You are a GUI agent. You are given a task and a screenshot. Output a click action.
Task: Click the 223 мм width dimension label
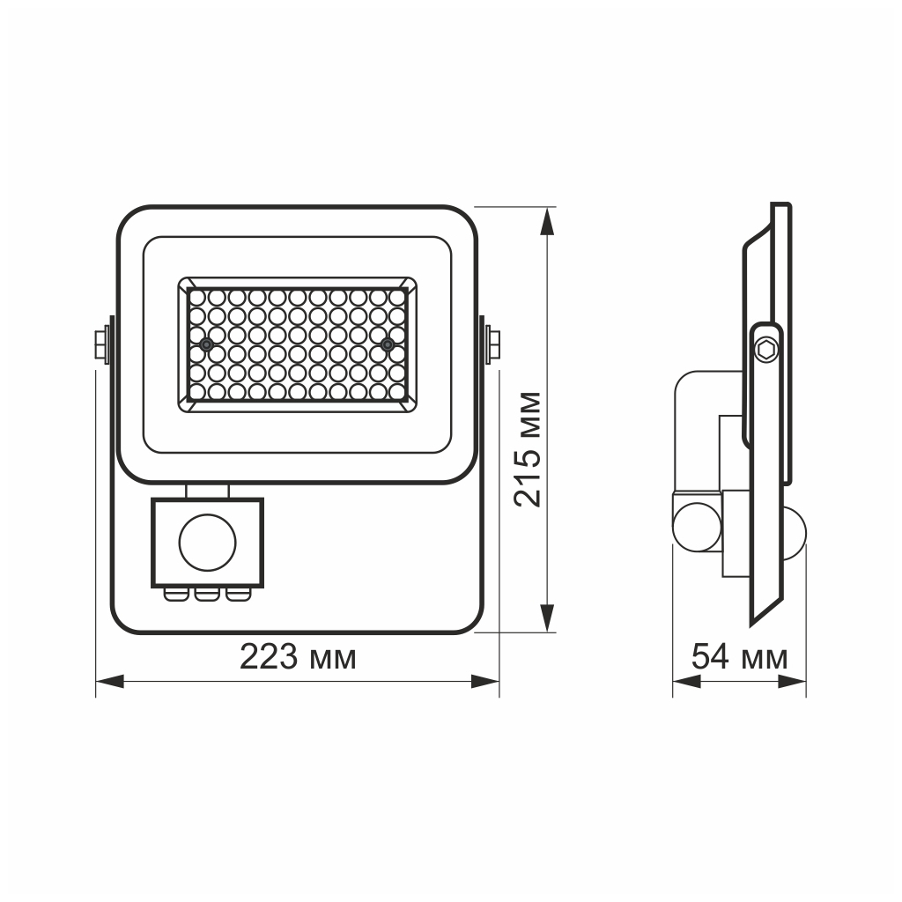click(298, 657)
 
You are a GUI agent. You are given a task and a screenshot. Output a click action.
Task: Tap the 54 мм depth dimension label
click(738, 657)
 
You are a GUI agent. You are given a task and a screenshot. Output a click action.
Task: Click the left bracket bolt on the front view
click(102, 342)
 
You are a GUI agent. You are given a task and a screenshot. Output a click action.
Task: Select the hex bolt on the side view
click(767, 350)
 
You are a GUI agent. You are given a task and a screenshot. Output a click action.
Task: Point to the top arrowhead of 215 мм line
click(547, 220)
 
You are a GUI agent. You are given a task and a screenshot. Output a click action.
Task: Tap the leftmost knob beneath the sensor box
click(176, 595)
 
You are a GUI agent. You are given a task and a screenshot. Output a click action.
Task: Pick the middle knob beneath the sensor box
click(207, 595)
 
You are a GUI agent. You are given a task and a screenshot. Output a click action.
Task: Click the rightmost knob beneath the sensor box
click(237, 595)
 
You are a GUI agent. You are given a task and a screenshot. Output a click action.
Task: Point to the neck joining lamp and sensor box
click(207, 491)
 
